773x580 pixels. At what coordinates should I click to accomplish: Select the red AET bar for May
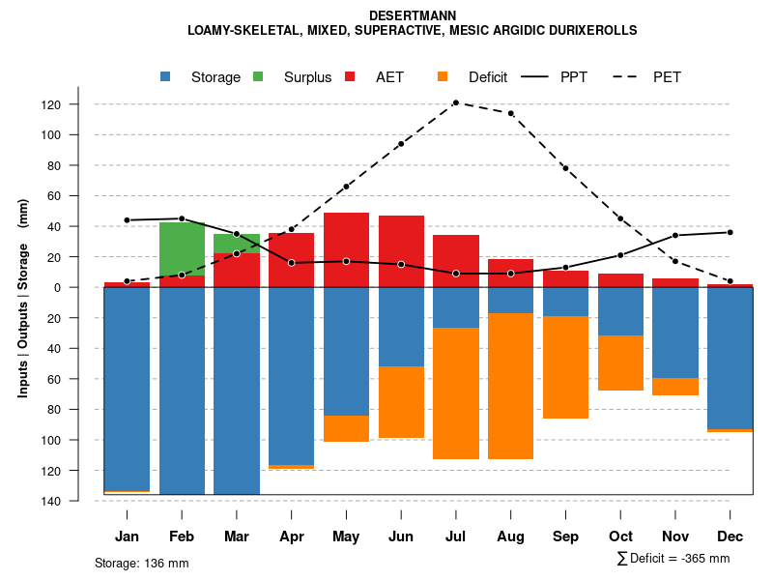346,249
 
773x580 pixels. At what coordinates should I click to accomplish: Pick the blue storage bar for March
237,391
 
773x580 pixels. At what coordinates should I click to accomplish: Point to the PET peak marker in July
456,102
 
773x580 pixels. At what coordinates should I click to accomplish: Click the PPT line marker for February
182,218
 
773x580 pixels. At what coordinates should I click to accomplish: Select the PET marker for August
510,113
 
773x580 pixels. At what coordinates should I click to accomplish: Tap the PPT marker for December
730,232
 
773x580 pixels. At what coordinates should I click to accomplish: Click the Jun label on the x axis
401,536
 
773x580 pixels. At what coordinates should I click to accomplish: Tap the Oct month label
620,536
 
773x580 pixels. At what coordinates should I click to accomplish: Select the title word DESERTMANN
413,15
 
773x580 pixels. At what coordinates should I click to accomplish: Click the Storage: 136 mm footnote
141,563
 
